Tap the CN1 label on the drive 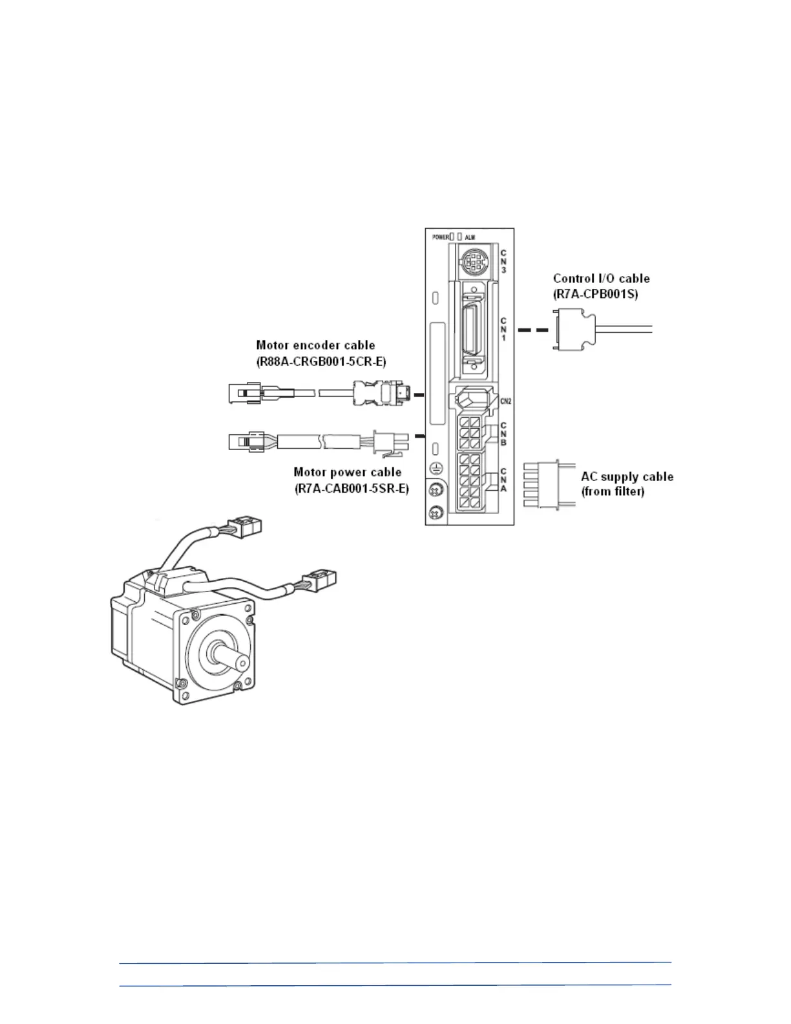(x=503, y=329)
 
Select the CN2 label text (x=506, y=401)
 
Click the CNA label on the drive (x=503, y=480)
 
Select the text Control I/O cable (x=601, y=279)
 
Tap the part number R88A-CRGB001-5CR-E (x=321, y=361)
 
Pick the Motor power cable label (x=348, y=472)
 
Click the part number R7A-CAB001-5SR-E (x=352, y=488)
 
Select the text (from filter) (x=613, y=492)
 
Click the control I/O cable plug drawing (x=571, y=330)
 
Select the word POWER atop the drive (x=441, y=237)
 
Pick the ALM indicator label (x=470, y=237)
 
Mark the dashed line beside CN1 (x=533, y=330)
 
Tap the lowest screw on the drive (x=436, y=514)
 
